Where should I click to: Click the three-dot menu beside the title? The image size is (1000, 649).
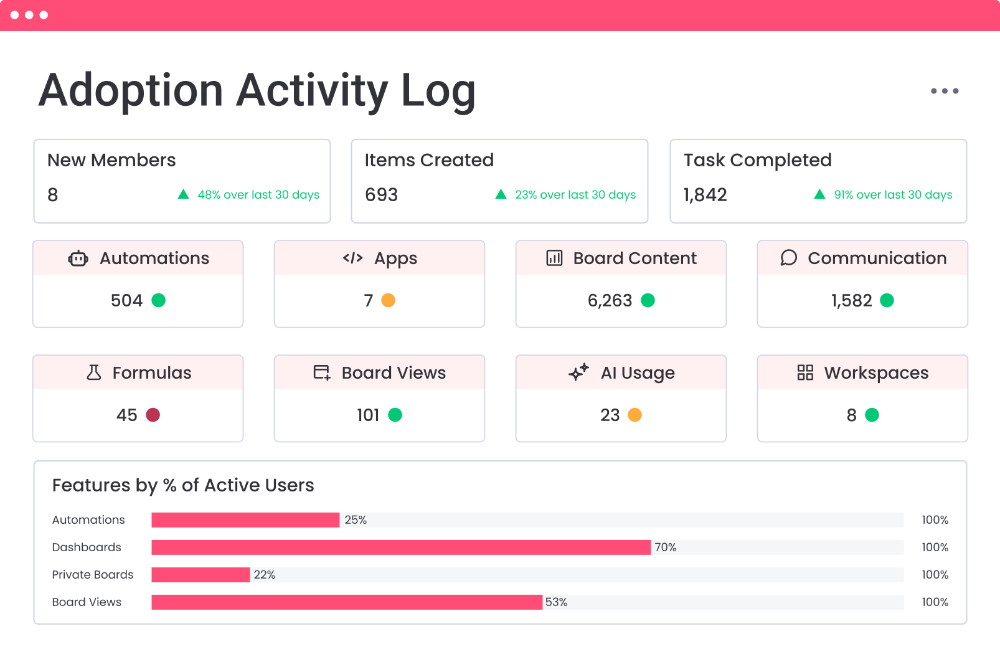pos(945,91)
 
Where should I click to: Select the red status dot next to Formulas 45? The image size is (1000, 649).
pos(153,415)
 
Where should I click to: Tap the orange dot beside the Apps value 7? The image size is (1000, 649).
pos(388,300)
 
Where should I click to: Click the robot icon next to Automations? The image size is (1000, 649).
pos(78,258)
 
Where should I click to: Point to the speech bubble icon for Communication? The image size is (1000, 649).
pos(788,258)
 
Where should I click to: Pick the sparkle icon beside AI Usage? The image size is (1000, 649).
pos(578,372)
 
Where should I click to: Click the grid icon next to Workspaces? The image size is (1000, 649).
pos(805,372)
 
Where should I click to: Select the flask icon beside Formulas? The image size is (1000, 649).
pos(93,372)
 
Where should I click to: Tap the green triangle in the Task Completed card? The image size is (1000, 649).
pos(819,194)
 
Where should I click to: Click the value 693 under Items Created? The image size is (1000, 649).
pos(381,195)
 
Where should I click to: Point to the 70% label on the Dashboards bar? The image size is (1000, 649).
pos(665,547)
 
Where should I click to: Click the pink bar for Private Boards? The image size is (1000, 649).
pos(200,575)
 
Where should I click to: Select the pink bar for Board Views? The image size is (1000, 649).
pos(346,602)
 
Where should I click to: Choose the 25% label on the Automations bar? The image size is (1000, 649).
pos(356,520)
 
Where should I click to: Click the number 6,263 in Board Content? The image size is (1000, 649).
pos(610,301)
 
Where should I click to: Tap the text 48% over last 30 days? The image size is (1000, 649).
pos(258,195)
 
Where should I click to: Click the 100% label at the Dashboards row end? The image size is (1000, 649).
pos(935,547)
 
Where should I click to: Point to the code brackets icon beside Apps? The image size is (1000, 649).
pos(352,258)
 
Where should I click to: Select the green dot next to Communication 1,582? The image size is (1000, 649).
pos(887,300)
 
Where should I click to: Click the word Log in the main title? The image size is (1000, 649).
pos(438,91)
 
